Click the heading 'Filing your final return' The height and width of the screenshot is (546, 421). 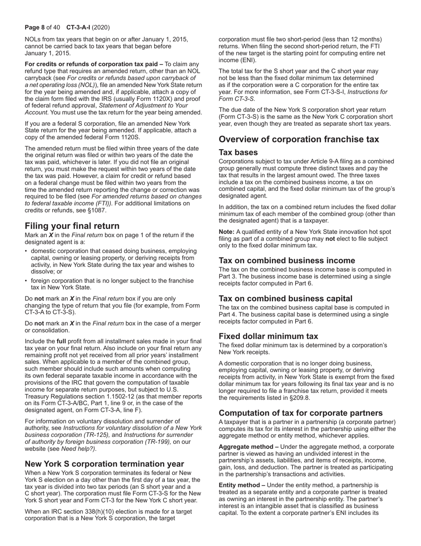click(x=72, y=226)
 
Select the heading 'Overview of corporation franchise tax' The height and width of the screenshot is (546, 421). click(x=299, y=139)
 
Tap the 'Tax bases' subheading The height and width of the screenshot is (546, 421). click(x=238, y=152)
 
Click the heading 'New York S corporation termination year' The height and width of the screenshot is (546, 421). click(x=104, y=464)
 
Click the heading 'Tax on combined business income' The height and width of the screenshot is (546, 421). click(x=287, y=261)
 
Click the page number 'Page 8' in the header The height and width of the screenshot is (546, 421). click(x=35, y=27)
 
